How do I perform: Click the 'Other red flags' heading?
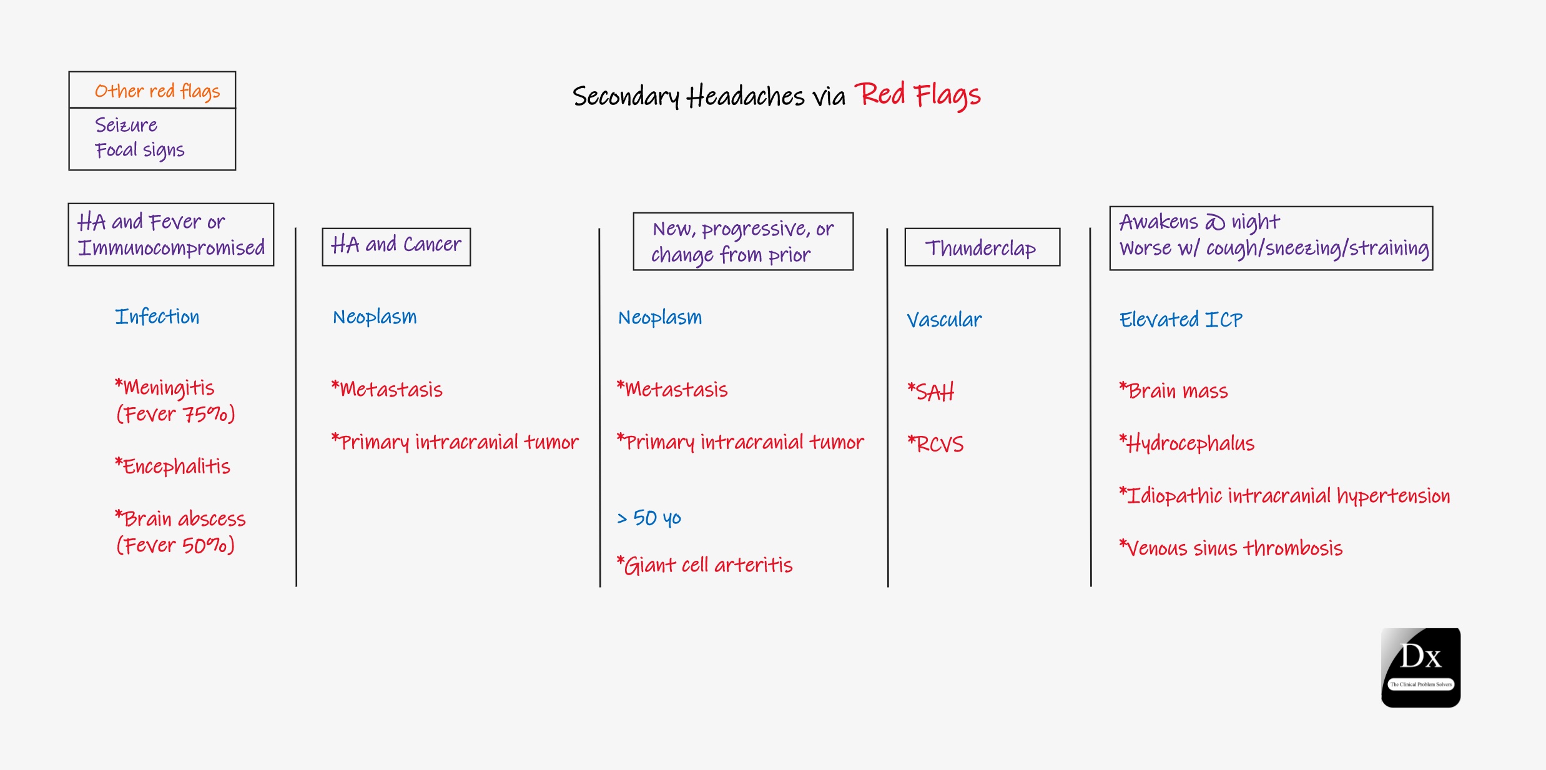tap(157, 91)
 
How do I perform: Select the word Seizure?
tap(126, 125)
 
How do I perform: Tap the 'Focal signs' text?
tap(140, 151)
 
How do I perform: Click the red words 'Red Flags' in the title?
tap(917, 96)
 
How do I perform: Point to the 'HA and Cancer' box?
tap(396, 246)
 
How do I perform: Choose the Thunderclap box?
tap(982, 247)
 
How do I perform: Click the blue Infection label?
tap(157, 317)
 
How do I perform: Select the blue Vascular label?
tap(944, 320)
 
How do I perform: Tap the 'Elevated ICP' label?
tap(1181, 320)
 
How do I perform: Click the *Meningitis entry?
tap(165, 388)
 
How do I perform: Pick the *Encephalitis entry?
tap(173, 466)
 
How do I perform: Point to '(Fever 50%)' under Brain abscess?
tap(175, 545)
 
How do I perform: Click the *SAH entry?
tap(931, 392)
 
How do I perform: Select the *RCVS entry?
tap(935, 444)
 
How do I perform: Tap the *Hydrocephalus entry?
tap(1187, 443)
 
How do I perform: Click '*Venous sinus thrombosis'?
tap(1231, 548)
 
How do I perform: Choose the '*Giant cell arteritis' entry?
tap(704, 565)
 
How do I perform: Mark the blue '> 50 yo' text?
tap(649, 518)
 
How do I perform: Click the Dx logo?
tap(1420, 668)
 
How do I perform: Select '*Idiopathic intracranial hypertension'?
tap(1284, 496)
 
